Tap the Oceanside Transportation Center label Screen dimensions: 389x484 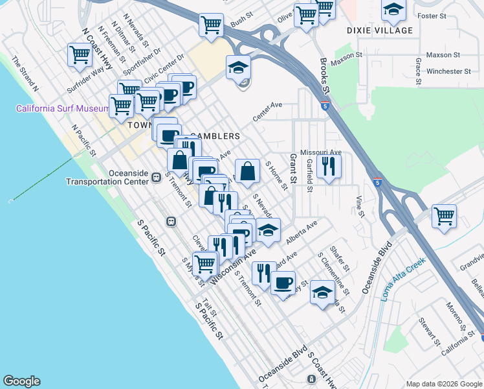coord(107,177)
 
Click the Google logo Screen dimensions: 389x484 coord(21,381)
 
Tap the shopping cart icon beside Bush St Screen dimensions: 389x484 coord(212,25)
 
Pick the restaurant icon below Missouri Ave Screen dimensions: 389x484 coord(329,166)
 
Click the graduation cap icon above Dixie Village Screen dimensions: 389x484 coord(393,10)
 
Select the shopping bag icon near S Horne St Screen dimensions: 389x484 coord(247,171)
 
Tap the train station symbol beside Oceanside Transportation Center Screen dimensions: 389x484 coord(156,177)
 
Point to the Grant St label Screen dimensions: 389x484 coord(293,168)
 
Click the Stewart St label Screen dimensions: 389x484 coord(429,331)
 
